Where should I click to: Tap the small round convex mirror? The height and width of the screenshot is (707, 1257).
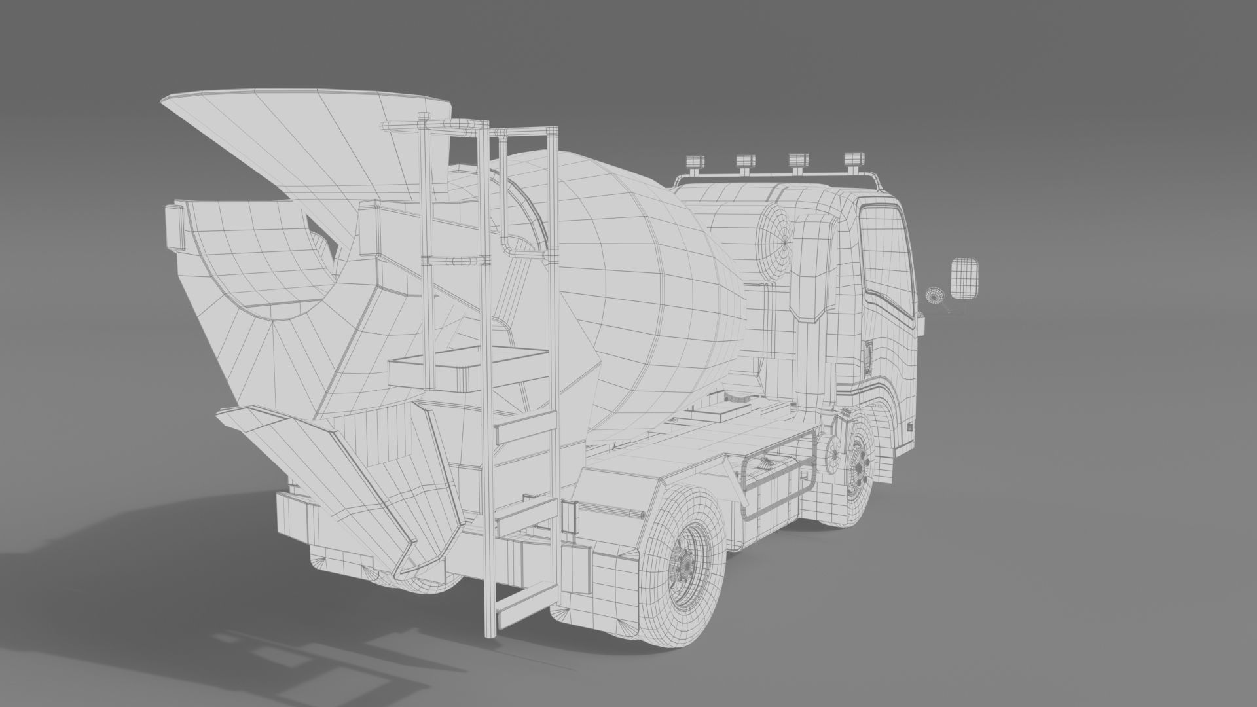[934, 295]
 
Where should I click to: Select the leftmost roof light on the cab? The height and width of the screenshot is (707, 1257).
[693, 162]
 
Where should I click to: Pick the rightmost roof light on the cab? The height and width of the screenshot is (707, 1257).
[853, 160]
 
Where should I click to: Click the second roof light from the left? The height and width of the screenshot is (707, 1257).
[746, 162]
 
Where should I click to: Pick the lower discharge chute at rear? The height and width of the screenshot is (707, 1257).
[340, 471]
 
